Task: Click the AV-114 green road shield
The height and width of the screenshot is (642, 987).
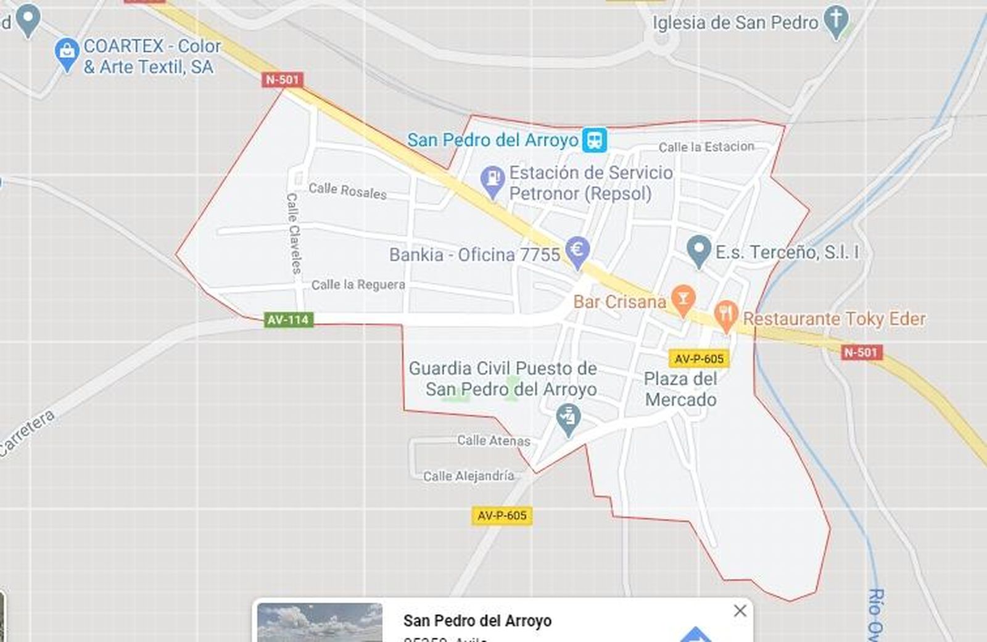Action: (x=288, y=319)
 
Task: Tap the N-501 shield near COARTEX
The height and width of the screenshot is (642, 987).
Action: (x=283, y=80)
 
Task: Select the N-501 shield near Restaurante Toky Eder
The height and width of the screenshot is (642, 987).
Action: (x=861, y=352)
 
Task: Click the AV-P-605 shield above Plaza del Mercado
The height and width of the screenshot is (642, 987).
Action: (x=699, y=359)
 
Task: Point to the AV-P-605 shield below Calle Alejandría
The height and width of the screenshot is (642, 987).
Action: (x=502, y=516)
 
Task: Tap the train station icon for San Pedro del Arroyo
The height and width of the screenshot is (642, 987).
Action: (x=595, y=140)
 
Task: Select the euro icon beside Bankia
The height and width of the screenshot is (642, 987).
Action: (x=577, y=250)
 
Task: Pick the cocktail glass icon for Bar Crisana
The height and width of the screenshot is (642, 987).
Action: (x=682, y=300)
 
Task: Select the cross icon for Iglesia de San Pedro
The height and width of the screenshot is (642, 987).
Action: (x=836, y=20)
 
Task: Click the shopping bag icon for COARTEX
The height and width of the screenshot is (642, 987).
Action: (x=67, y=53)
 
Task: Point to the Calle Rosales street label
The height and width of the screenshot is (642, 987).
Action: (x=347, y=191)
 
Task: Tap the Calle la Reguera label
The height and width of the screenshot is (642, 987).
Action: (x=358, y=285)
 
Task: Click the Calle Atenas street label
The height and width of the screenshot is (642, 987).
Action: (x=493, y=440)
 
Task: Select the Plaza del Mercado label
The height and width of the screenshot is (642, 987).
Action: (x=680, y=389)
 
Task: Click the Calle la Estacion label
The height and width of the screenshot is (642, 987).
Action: (x=706, y=147)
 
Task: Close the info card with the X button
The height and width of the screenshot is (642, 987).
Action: (x=740, y=611)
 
